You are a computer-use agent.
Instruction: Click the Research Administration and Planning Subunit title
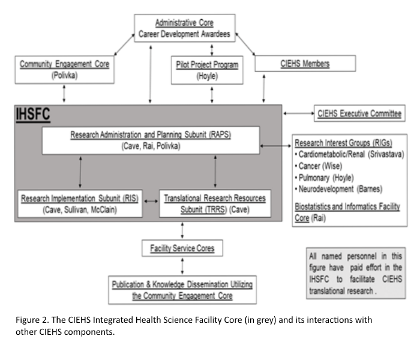tap(150, 135)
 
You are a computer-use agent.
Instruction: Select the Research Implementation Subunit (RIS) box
tap(80, 203)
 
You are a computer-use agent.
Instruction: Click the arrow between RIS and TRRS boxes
tap(150, 203)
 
